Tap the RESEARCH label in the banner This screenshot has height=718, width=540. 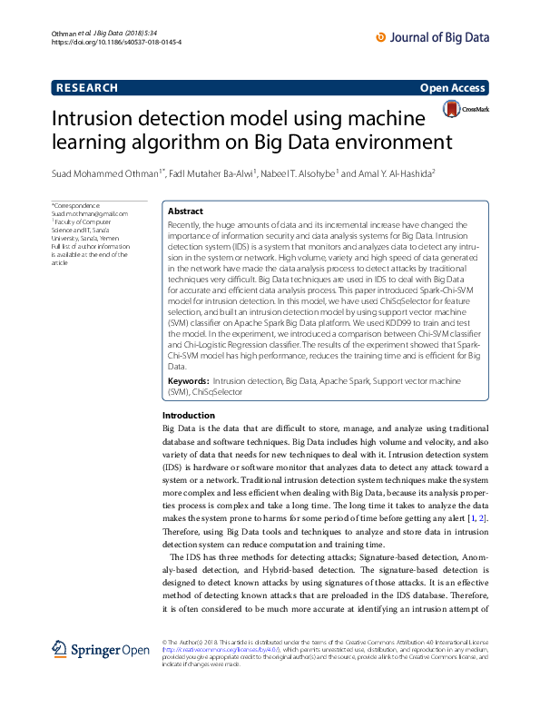[87, 88]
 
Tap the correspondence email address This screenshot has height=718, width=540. [90, 213]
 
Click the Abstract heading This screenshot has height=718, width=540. [185, 211]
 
